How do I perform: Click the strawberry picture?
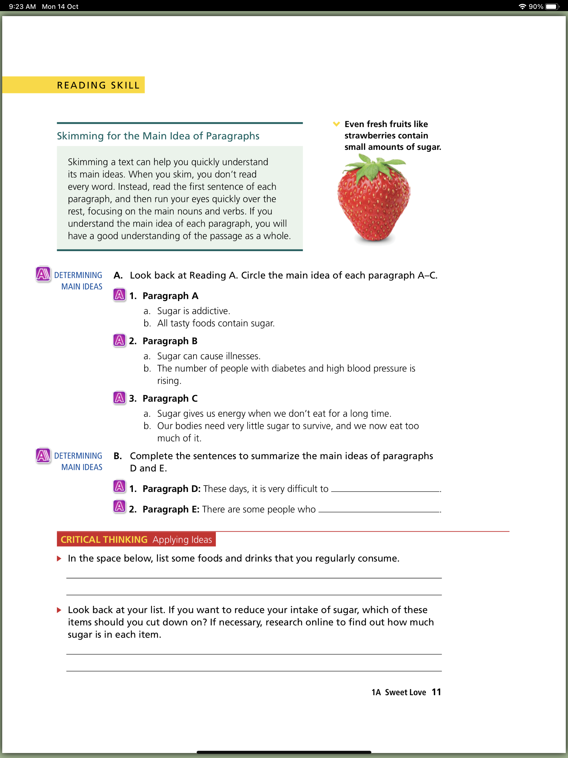tap(374, 202)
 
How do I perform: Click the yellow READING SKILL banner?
tap(98, 85)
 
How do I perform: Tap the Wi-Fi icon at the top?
tap(522, 6)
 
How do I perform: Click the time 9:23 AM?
tap(22, 6)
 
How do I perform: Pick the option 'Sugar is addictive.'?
tap(193, 311)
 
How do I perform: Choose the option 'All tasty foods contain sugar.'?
tap(215, 323)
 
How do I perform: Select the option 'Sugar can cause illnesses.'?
tap(208, 356)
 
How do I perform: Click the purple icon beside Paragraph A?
tap(119, 295)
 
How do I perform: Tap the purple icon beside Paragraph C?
tap(119, 398)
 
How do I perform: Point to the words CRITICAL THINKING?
tap(104, 539)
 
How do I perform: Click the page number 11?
tap(436, 692)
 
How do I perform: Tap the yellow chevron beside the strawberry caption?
tap(336, 124)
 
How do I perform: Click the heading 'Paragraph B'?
tap(170, 341)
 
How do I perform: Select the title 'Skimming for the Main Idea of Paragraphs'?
tap(158, 136)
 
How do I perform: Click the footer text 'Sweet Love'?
tap(405, 692)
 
